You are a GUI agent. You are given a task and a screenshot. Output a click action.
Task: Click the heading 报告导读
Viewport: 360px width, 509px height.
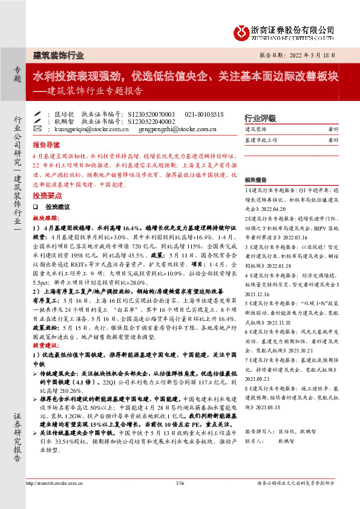tap(46, 145)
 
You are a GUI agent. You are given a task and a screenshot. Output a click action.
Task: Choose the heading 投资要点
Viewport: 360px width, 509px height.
tap(46, 196)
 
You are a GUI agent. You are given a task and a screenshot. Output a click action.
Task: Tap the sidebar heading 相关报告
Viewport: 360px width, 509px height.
tap(256, 180)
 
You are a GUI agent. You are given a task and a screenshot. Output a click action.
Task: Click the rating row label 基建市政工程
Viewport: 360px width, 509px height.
tap(261, 140)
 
